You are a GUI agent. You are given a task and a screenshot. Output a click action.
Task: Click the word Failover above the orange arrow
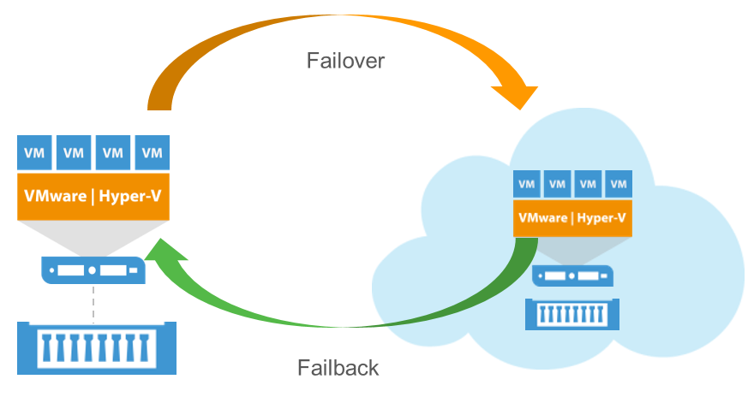click(346, 61)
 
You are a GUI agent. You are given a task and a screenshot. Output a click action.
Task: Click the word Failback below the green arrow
click(338, 369)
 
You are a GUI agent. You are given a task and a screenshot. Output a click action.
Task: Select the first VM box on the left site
click(34, 153)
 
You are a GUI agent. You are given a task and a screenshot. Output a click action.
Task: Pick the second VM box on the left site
click(74, 153)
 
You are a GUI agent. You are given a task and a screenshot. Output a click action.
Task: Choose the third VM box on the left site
click(113, 153)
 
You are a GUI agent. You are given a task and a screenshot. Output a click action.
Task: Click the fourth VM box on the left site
click(153, 153)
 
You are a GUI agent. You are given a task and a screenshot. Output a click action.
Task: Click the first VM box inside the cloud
click(527, 183)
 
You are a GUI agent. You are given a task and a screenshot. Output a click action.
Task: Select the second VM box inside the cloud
click(557, 183)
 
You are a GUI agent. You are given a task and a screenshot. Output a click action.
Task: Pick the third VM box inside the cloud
click(587, 183)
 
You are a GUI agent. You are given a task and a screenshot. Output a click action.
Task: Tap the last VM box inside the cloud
click(617, 183)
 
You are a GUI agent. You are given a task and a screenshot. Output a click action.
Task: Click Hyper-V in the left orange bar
click(129, 196)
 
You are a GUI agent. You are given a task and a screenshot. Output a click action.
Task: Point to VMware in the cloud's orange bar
click(543, 218)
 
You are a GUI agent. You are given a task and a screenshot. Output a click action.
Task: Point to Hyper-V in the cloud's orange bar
click(601, 218)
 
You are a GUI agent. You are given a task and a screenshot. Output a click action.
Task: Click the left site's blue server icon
click(93, 271)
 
